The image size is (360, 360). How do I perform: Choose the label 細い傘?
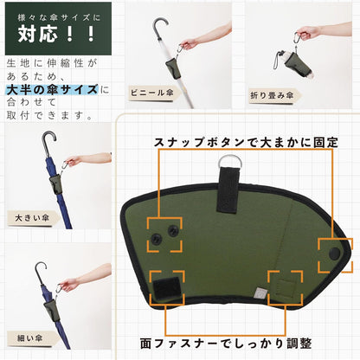coord(27,337)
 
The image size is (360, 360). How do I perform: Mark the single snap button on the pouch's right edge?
coord(335,253)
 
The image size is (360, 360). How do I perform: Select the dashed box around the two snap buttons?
coord(164,231)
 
